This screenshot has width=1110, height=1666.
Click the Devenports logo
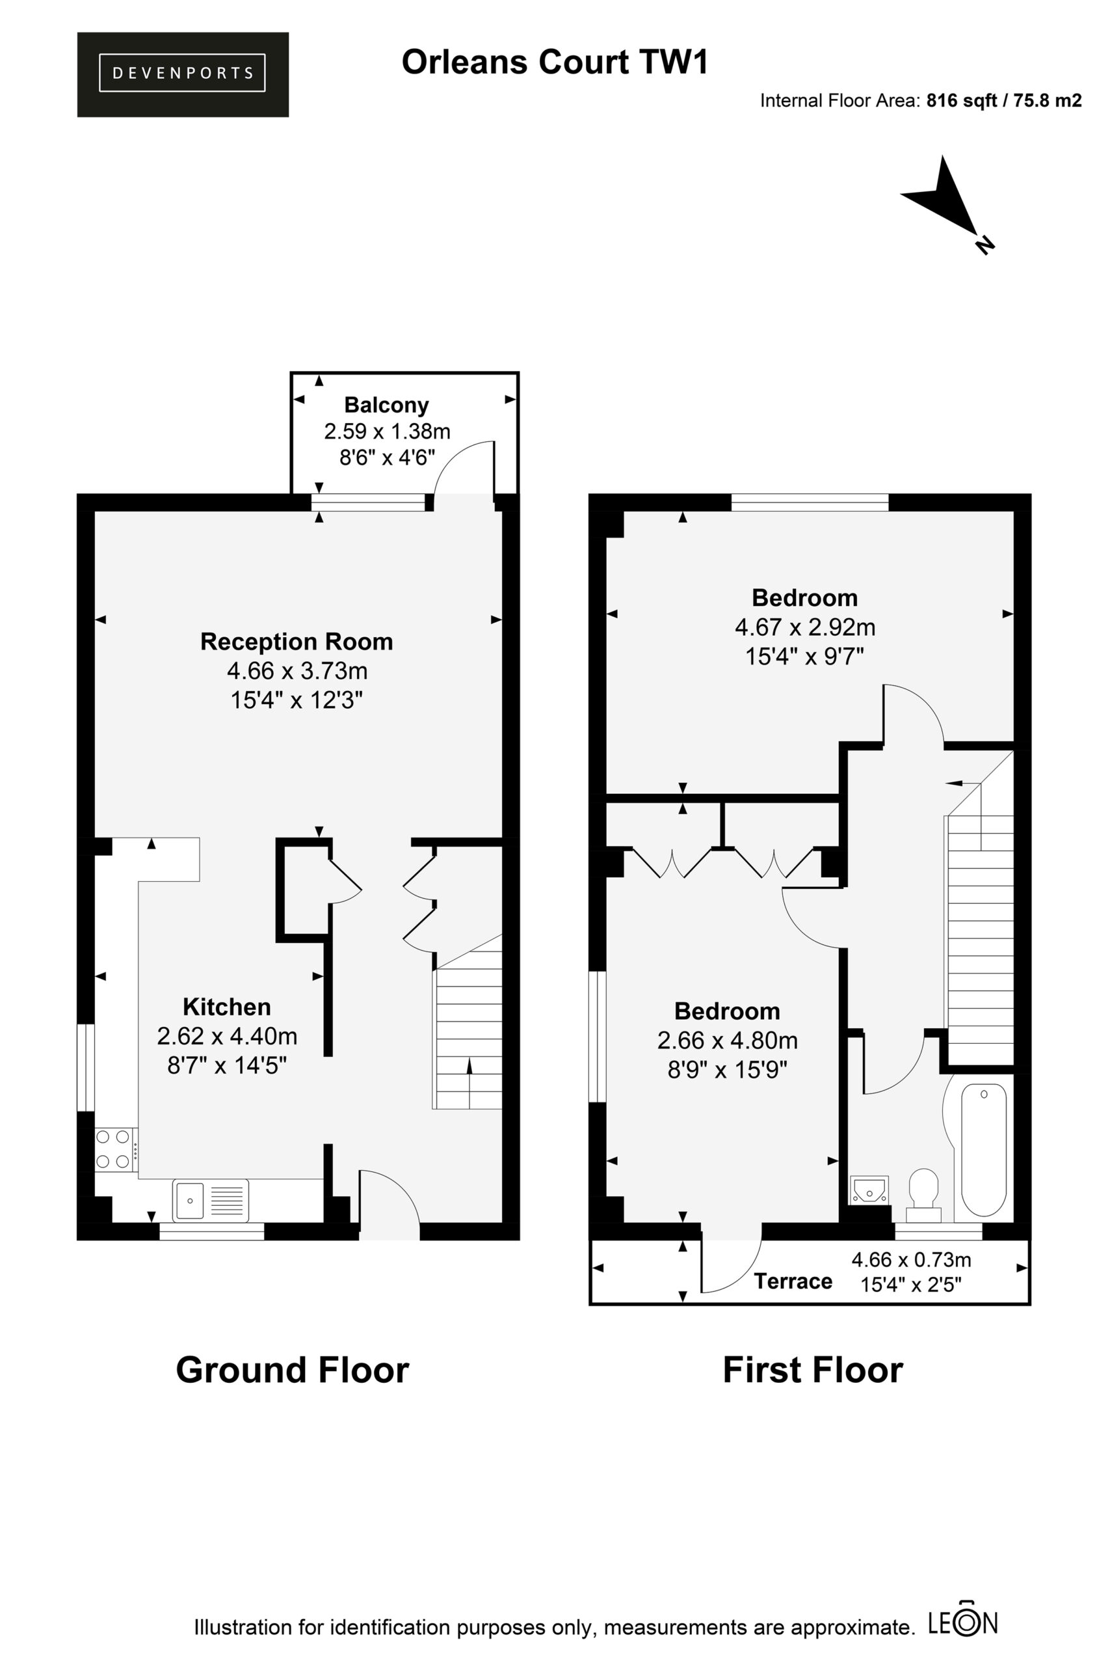(183, 74)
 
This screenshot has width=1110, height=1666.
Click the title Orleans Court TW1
(555, 62)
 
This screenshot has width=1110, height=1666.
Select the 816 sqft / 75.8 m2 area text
(1004, 101)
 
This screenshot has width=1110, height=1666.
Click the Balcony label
(386, 405)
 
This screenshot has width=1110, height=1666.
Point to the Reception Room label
(297, 642)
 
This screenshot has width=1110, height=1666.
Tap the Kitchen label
(226, 1007)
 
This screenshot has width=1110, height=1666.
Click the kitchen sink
(210, 1200)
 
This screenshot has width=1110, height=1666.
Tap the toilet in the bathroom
(923, 1195)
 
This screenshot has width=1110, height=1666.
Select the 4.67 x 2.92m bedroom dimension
(805, 627)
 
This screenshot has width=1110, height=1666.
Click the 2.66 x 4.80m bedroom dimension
(727, 1041)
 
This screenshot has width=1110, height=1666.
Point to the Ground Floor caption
(293, 1370)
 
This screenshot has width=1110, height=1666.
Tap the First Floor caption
(813, 1370)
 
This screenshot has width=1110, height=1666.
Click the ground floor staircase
(468, 1022)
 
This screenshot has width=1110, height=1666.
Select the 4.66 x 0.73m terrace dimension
(911, 1260)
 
